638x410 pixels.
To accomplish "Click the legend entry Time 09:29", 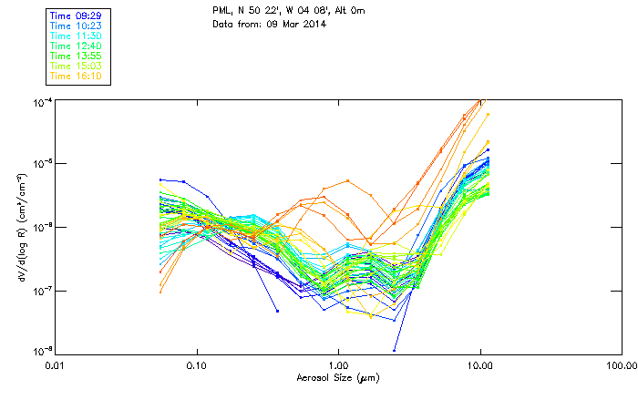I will [x=77, y=16].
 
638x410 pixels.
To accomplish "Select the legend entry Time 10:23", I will [x=77, y=26].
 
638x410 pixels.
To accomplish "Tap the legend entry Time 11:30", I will [x=77, y=36].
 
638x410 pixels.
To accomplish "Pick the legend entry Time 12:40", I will [x=77, y=46].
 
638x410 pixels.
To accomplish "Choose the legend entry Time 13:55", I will [x=77, y=56].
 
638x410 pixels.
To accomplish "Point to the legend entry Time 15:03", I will [x=77, y=66].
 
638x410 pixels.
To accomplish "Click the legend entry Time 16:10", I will [x=77, y=76].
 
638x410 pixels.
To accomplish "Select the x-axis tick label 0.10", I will [x=197, y=365].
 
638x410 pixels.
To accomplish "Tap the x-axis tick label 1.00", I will [x=338, y=365].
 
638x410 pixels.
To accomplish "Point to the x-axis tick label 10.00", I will [x=479, y=365].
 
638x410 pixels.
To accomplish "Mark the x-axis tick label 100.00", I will [x=620, y=365].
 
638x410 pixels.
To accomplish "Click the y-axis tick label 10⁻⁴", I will [x=41, y=101].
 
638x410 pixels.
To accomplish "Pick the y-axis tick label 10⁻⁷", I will [x=41, y=291].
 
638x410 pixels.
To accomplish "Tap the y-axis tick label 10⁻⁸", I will [x=41, y=351].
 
